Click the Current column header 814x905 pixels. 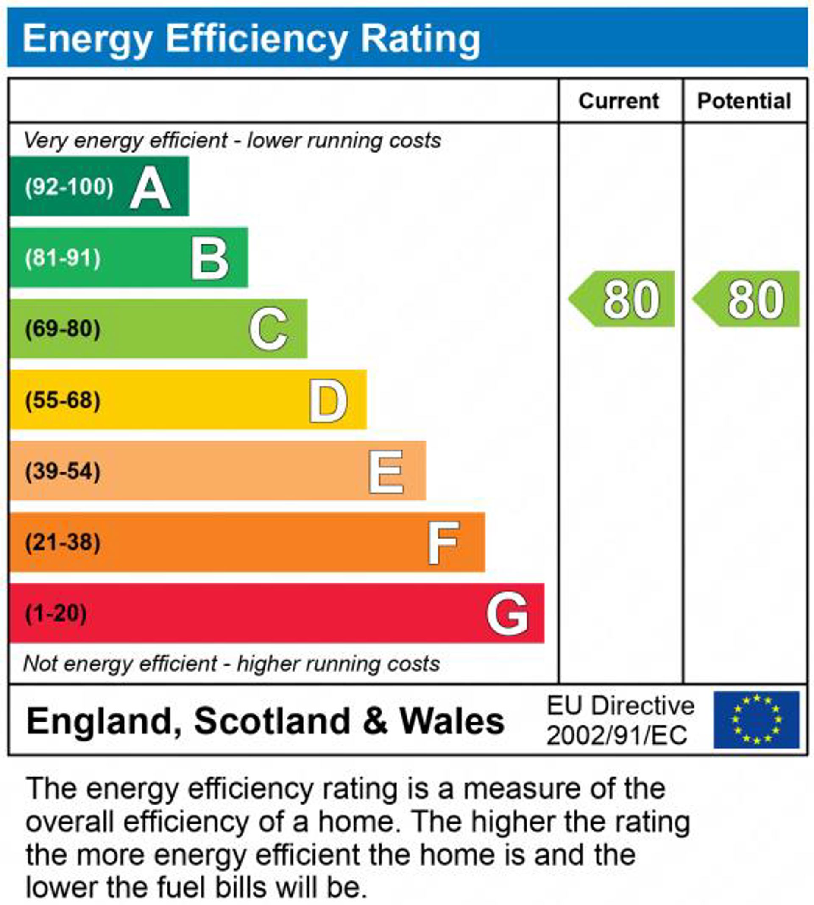point(619,101)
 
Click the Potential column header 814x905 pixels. point(744,101)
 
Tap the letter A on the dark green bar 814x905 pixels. point(150,188)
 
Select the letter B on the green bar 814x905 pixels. point(210,259)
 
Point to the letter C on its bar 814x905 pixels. point(268,329)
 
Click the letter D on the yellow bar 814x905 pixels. point(328,401)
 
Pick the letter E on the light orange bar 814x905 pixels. point(386,472)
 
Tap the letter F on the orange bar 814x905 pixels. point(443,543)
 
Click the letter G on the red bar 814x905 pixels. point(507,614)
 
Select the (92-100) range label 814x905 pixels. point(70,187)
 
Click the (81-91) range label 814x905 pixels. point(63,258)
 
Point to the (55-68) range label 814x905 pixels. point(63,400)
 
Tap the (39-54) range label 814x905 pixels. point(63,471)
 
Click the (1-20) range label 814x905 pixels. point(56,613)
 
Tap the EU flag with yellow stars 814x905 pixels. point(756,719)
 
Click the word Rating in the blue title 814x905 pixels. point(421,39)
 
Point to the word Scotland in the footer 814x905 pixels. point(272,720)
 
